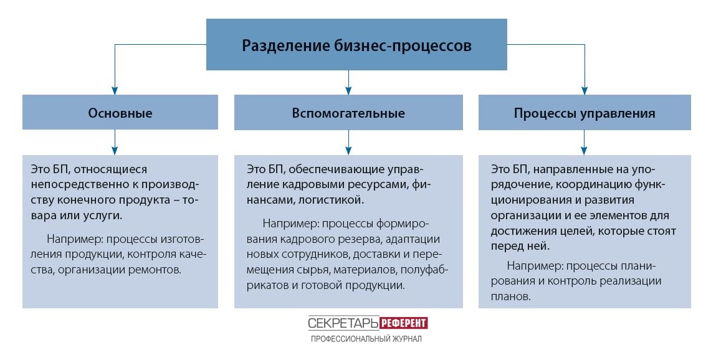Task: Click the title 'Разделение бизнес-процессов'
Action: (x=356, y=45)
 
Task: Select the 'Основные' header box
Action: (x=120, y=112)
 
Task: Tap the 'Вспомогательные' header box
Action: (x=348, y=112)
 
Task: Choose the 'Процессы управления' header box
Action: (x=585, y=112)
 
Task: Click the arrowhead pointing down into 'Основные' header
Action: (x=115, y=90)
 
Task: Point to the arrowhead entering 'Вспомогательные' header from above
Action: (x=348, y=90)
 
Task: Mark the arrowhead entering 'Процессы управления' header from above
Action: (x=585, y=90)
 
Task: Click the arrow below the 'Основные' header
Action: (x=115, y=143)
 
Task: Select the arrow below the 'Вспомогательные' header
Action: (x=348, y=143)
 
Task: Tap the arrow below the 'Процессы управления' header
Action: (x=584, y=143)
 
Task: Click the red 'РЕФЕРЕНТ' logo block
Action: (x=404, y=323)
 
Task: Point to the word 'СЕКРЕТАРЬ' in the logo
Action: (x=343, y=323)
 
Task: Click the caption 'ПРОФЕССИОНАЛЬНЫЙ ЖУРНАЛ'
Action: (x=366, y=339)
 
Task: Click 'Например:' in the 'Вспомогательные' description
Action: (x=291, y=224)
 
